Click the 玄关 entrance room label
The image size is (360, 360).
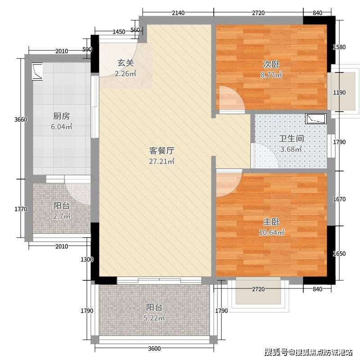126,63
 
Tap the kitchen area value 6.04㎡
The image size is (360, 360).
62,126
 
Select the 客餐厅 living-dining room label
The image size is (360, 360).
162,151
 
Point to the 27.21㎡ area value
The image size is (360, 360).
162,161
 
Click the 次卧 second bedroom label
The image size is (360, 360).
271,64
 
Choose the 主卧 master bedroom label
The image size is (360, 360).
271,222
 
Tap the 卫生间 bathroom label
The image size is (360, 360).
291,139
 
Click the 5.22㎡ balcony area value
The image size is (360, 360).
154,318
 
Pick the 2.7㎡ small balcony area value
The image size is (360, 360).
62,216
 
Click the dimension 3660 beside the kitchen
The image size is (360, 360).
21,119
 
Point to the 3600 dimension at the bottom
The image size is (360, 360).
154,348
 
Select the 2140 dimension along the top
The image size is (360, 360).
178,13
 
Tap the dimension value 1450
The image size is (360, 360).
119,31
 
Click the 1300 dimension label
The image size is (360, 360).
87,260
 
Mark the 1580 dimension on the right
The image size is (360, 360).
339,47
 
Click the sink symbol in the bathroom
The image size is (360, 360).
316,119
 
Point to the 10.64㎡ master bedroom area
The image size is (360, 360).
271,232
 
